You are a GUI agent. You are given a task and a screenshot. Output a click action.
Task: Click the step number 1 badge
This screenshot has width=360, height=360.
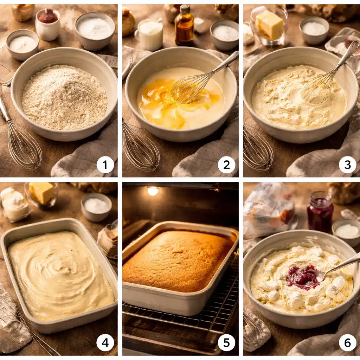(x=105, y=165)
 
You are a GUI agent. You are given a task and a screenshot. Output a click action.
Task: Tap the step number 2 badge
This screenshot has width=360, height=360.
(x=226, y=165)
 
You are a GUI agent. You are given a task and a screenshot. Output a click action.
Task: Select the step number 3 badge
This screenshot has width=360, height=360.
(x=348, y=165)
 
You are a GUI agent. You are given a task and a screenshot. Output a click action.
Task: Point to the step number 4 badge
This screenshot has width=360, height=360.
(x=105, y=343)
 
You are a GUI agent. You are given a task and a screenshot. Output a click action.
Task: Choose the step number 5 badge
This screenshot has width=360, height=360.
(x=226, y=343)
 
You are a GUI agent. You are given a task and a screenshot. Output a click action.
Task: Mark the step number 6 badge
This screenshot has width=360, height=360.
(x=348, y=343)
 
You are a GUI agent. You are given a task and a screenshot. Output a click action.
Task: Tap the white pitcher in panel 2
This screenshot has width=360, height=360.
(x=149, y=34)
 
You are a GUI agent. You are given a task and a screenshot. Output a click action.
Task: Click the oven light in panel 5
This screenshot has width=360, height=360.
(x=153, y=191)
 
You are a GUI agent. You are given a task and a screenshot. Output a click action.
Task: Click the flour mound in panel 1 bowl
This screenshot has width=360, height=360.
(x=65, y=98)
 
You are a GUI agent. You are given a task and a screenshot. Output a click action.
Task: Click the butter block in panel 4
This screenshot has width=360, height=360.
(x=41, y=192)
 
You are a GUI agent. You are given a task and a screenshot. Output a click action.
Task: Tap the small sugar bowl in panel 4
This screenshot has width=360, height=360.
(x=96, y=207)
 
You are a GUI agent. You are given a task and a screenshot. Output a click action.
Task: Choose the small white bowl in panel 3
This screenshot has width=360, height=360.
(x=314, y=30)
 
